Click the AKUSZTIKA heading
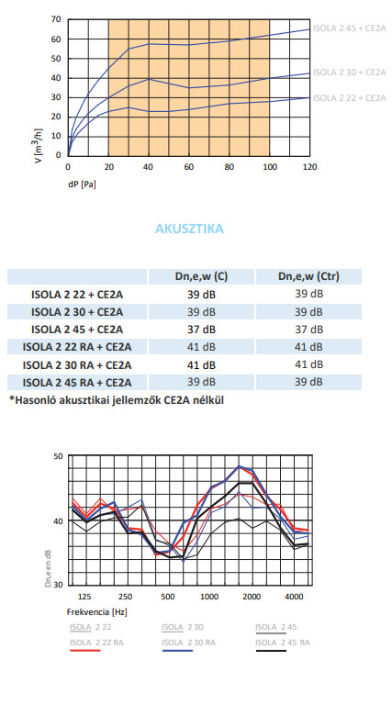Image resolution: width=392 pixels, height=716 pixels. pyautogui.click(x=189, y=229)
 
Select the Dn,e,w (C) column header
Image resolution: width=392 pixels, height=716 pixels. pyautogui.click(x=201, y=276)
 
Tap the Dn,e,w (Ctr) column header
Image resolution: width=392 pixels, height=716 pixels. pyautogui.click(x=308, y=276)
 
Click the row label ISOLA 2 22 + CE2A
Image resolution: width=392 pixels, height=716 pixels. pyautogui.click(x=77, y=295)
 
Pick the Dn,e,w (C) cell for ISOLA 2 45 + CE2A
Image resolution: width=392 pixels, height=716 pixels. pyautogui.click(x=201, y=330)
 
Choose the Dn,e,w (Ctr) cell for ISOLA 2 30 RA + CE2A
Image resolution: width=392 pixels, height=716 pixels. pyautogui.click(x=308, y=364)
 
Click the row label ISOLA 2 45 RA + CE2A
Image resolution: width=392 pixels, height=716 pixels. pyautogui.click(x=77, y=382)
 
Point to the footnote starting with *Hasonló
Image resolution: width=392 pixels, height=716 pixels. pyautogui.click(x=117, y=400)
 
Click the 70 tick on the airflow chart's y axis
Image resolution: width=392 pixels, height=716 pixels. pyautogui.click(x=56, y=19)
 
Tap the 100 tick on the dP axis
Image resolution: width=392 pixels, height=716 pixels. pyautogui.click(x=270, y=167)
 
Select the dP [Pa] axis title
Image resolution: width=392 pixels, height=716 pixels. pyautogui.click(x=82, y=185)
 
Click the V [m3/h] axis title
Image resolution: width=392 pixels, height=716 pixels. pyautogui.click(x=39, y=146)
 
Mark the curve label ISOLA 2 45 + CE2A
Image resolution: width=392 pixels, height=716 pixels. pyautogui.click(x=350, y=28)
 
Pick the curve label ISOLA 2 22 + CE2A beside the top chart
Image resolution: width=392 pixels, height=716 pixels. pyautogui.click(x=350, y=97)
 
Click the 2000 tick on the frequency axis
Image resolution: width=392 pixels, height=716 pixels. pyautogui.click(x=252, y=597)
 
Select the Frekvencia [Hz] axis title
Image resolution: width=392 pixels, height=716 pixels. pyautogui.click(x=97, y=611)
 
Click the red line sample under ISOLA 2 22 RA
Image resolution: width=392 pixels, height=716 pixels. pyautogui.click(x=85, y=650)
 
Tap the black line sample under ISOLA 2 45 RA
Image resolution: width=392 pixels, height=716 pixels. pyautogui.click(x=271, y=650)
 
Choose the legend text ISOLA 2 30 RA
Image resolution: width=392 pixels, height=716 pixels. pyautogui.click(x=188, y=643)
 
